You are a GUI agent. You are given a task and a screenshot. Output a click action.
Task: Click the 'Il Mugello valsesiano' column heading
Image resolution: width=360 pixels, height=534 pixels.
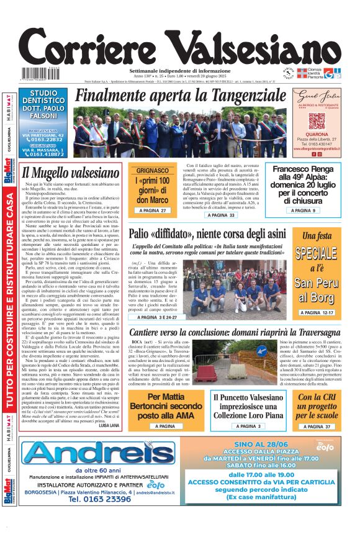pos(71,172)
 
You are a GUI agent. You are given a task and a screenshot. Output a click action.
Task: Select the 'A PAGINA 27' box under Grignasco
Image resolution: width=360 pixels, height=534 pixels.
pos(153,211)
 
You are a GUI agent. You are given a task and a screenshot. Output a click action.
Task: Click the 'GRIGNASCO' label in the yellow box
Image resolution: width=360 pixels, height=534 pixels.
pos(153,170)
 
